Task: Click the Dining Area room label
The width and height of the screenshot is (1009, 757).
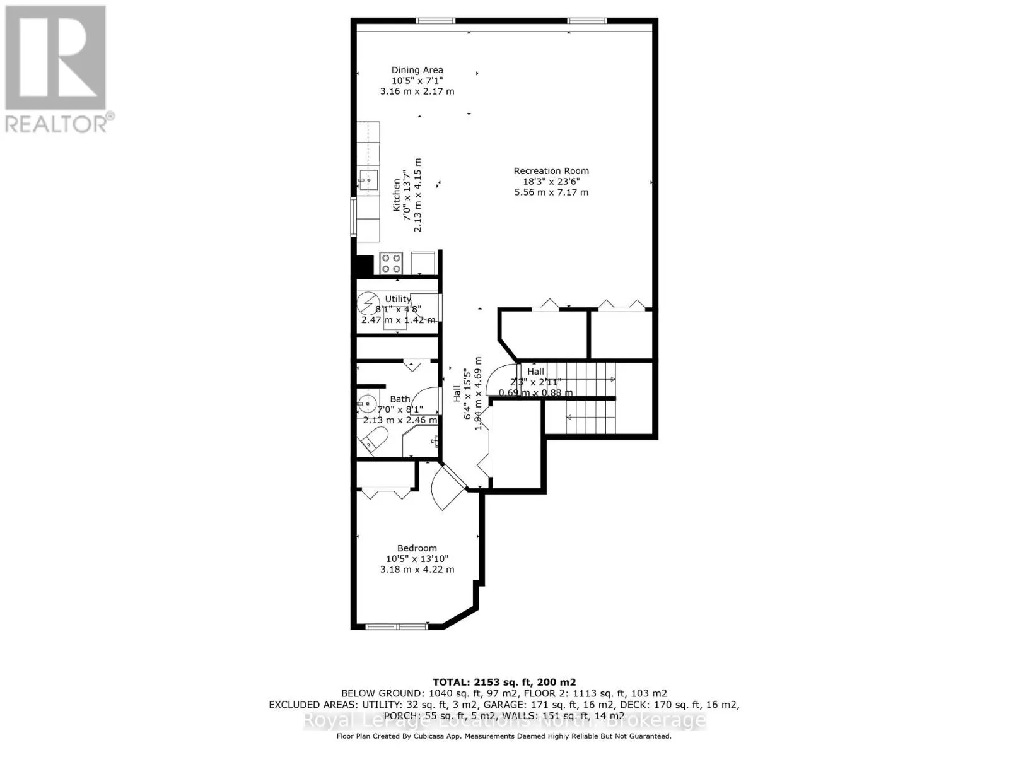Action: click(x=417, y=70)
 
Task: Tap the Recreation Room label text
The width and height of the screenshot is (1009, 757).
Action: click(x=551, y=171)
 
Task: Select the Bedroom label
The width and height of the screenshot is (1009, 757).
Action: click(x=417, y=548)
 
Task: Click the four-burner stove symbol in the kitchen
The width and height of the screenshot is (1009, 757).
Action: click(x=392, y=262)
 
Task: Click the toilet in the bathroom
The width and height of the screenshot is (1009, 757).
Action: click(x=376, y=439)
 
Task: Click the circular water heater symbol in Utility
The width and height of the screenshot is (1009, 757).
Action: click(x=366, y=305)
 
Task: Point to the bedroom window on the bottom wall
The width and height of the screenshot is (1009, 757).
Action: click(x=397, y=626)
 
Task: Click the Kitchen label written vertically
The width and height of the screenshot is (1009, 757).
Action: click(x=397, y=196)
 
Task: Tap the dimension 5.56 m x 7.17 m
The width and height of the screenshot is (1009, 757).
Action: click(x=551, y=192)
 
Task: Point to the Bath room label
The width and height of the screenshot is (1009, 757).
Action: click(x=400, y=399)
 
